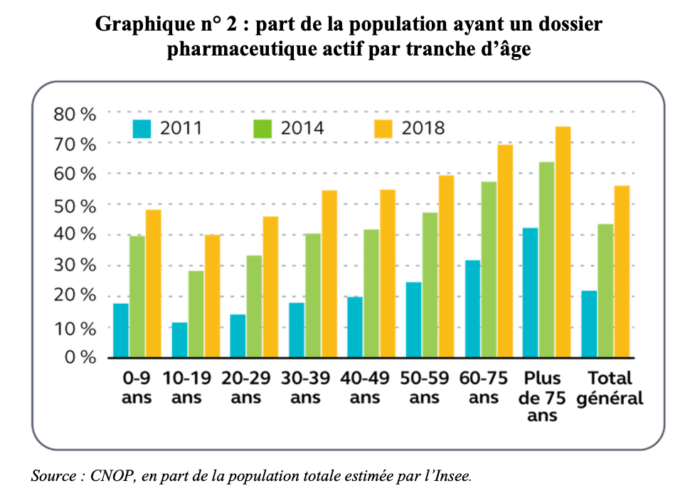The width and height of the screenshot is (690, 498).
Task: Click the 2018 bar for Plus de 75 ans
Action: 563,242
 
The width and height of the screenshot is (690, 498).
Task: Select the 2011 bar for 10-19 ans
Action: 179,339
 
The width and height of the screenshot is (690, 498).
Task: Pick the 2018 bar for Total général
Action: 622,271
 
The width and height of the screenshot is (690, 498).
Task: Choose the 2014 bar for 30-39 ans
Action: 312,295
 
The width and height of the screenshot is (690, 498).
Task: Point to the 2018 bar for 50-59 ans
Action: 446,266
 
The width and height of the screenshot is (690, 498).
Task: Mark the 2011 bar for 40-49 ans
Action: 354,327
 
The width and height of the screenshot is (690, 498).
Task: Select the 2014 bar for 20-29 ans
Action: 254,306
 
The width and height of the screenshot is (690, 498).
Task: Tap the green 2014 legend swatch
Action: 264,129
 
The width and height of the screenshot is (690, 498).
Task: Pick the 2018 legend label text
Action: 423,129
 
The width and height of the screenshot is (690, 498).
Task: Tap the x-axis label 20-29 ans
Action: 245,388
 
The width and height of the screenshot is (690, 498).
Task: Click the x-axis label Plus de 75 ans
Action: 542,396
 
